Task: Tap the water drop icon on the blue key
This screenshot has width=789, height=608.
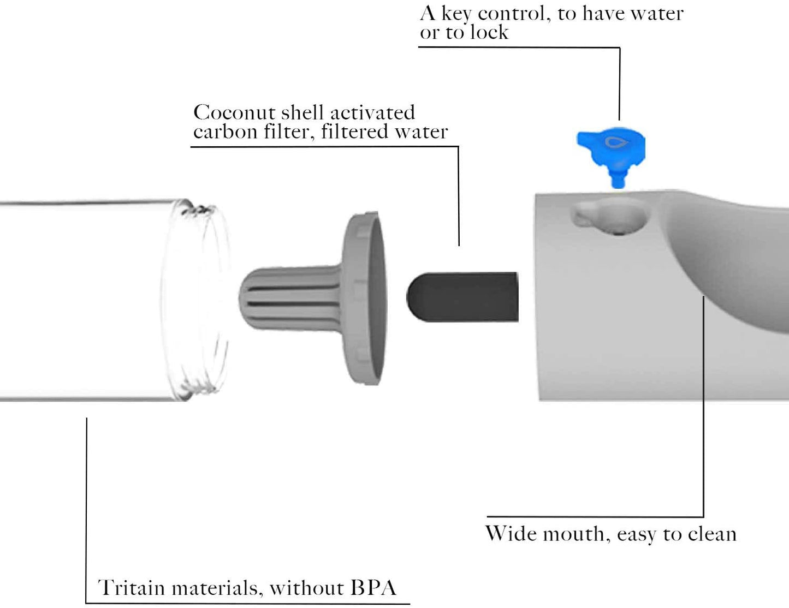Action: point(616,142)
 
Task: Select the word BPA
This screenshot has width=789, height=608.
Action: point(373,588)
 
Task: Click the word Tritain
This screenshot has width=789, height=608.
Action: point(131,588)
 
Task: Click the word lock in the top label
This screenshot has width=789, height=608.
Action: point(489,33)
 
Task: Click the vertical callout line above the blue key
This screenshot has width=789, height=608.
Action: point(619,82)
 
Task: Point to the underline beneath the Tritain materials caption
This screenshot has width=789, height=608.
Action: point(246,604)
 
